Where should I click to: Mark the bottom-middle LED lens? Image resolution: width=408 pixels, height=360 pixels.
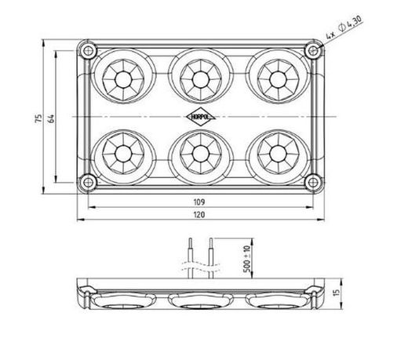tap(199, 151)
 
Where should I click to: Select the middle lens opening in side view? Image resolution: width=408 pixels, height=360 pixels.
tap(200, 299)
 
